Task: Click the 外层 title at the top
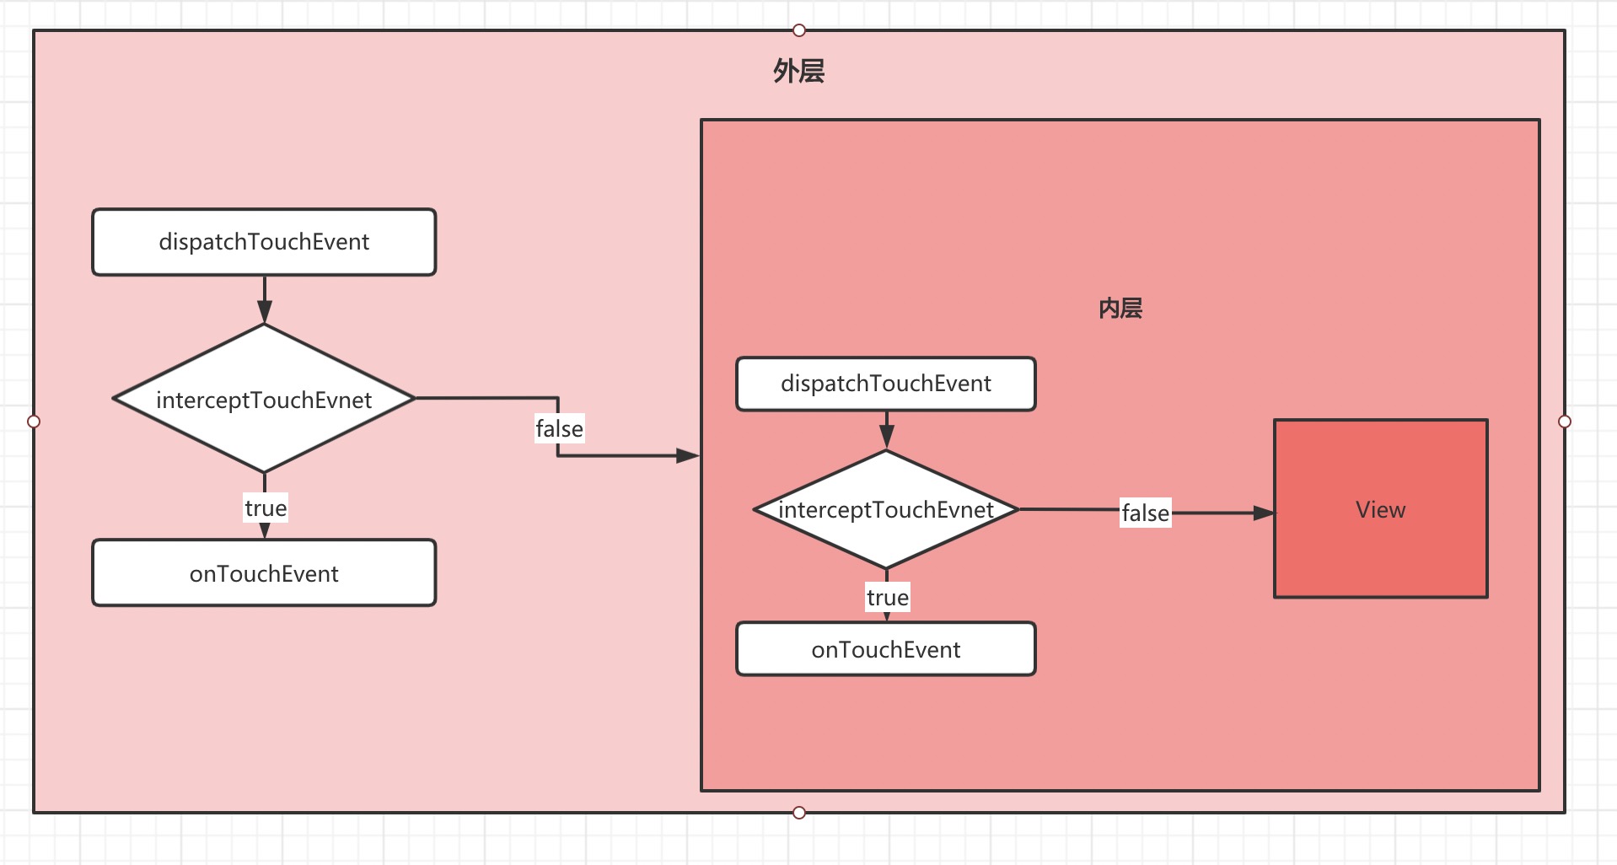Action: (x=798, y=71)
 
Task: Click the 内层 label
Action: (x=1120, y=309)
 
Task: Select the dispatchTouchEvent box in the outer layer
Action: (x=264, y=242)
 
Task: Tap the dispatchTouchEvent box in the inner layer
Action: (x=885, y=384)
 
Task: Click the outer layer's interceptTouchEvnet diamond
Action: (x=264, y=399)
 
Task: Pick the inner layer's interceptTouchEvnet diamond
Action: (x=885, y=509)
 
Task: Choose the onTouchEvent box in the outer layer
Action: (x=264, y=573)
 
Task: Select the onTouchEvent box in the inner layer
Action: (x=885, y=649)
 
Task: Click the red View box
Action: (x=1380, y=509)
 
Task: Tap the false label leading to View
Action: (x=1145, y=513)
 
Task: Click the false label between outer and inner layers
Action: (x=559, y=428)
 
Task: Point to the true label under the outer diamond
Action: (x=266, y=508)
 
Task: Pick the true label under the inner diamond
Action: (x=887, y=598)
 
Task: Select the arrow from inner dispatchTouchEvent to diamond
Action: (x=886, y=431)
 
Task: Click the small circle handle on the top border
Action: (x=799, y=30)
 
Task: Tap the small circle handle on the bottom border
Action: (x=799, y=813)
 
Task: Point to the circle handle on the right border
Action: (x=1565, y=422)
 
